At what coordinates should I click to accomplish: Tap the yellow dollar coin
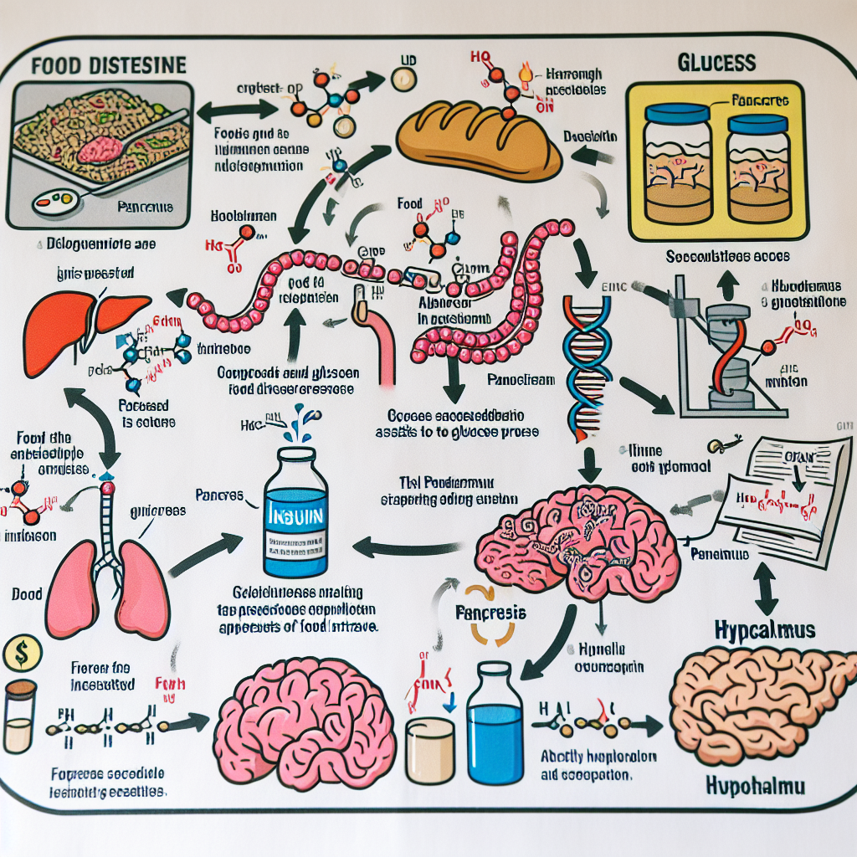point(18,654)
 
